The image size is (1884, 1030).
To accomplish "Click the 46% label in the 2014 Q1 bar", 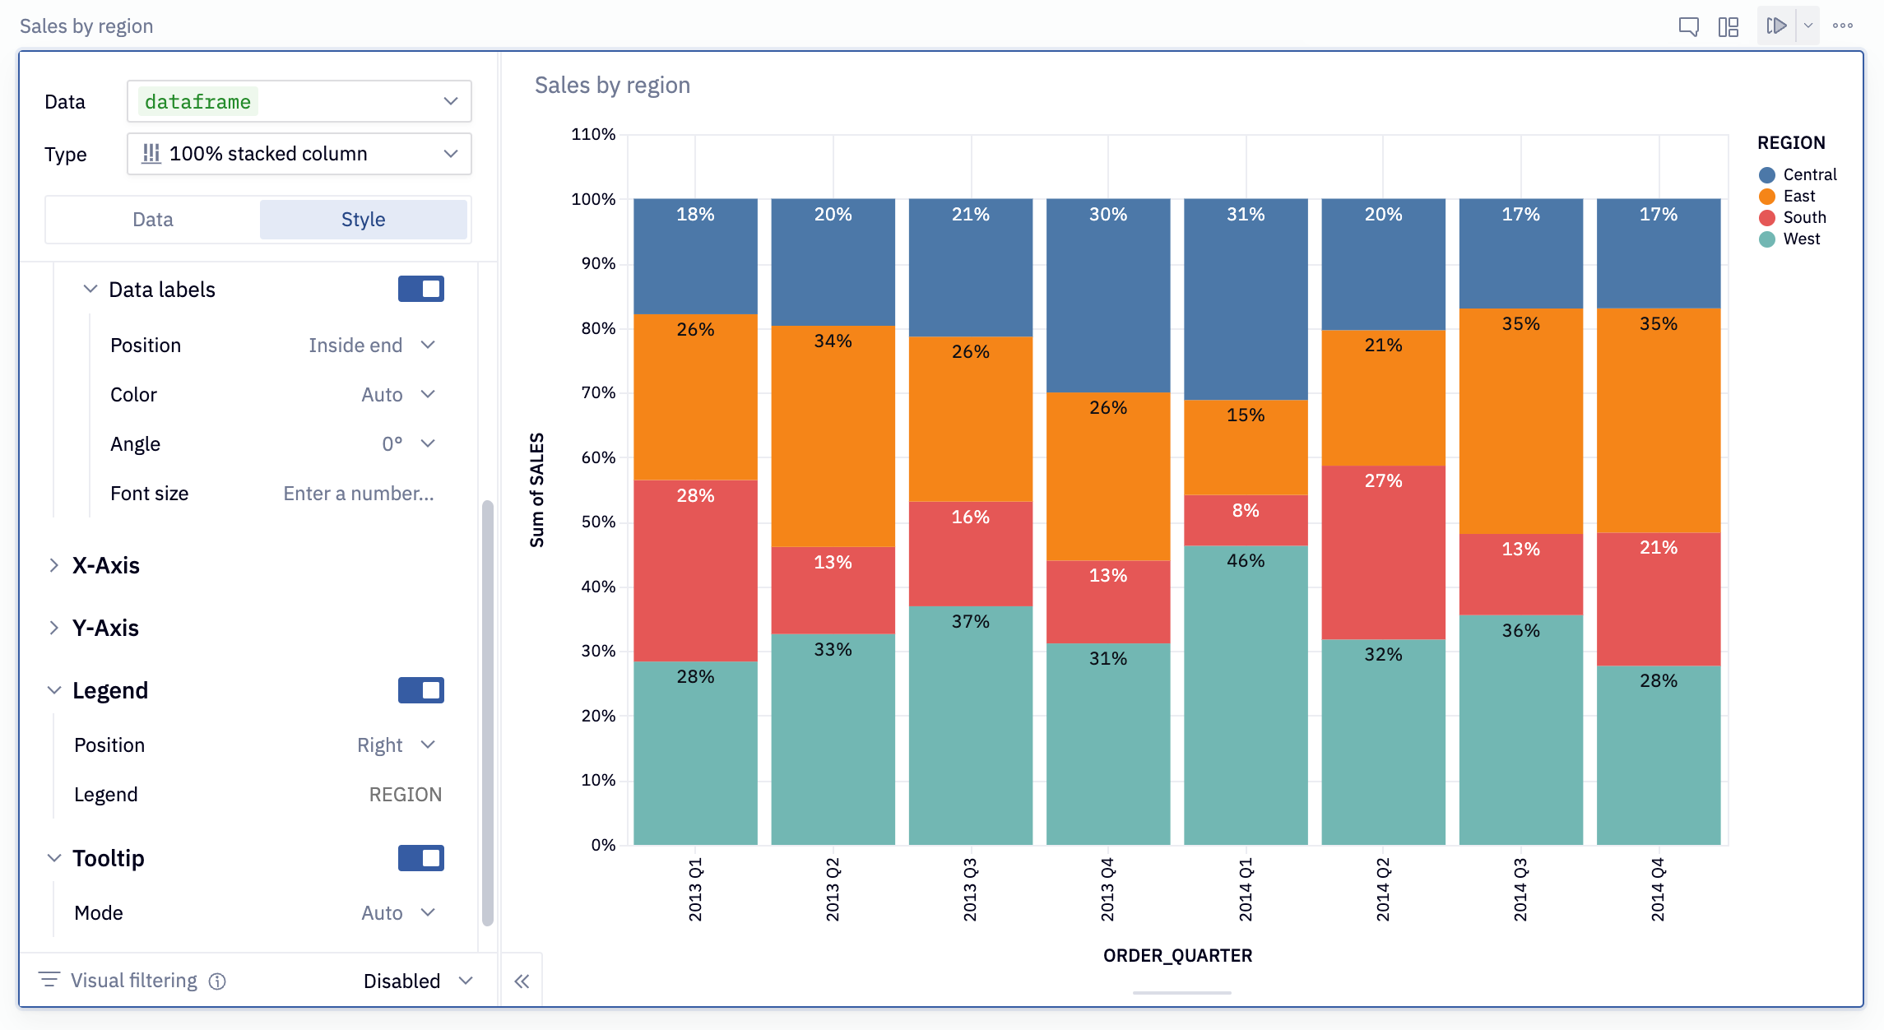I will [x=1245, y=561].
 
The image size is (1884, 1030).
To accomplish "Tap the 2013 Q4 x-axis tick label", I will [x=1107, y=889].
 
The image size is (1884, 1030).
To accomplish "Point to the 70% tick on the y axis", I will [x=598, y=392].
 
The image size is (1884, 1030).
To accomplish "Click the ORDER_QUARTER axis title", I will [x=1177, y=955].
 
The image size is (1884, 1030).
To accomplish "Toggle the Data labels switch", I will [x=420, y=289].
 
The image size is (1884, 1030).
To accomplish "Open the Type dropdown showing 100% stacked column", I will [x=299, y=154].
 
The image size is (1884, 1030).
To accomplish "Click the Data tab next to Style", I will [x=153, y=220].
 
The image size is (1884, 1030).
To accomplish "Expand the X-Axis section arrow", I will [x=54, y=565].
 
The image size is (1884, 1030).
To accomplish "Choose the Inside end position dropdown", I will [x=371, y=346].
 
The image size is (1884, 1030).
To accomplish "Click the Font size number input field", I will [x=359, y=494].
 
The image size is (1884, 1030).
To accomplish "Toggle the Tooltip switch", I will [x=420, y=858].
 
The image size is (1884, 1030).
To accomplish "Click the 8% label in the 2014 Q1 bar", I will [x=1245, y=511].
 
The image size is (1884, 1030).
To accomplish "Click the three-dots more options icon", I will [x=1843, y=26].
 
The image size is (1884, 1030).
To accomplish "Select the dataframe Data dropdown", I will [x=299, y=102].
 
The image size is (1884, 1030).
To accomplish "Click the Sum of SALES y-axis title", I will [x=537, y=490].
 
